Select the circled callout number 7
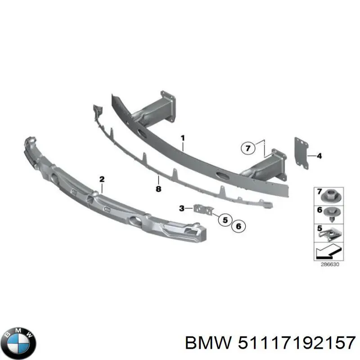248,148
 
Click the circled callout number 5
225,220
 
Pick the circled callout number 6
238,226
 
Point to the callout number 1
183,138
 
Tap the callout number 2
102,179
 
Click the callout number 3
182,208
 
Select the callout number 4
319,156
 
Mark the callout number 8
158,189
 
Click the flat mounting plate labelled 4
301,153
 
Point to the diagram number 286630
330,264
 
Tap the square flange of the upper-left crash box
168,107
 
